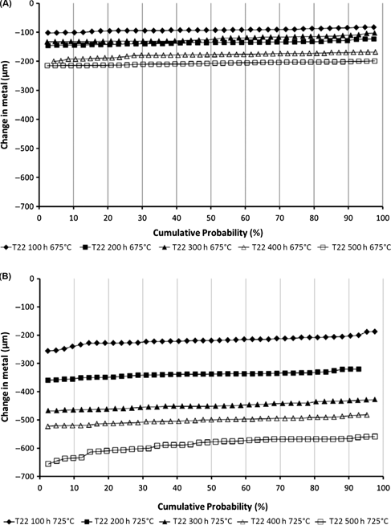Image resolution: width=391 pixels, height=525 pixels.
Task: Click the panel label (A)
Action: point(7,6)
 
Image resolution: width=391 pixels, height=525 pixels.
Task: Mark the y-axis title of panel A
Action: point(7,104)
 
